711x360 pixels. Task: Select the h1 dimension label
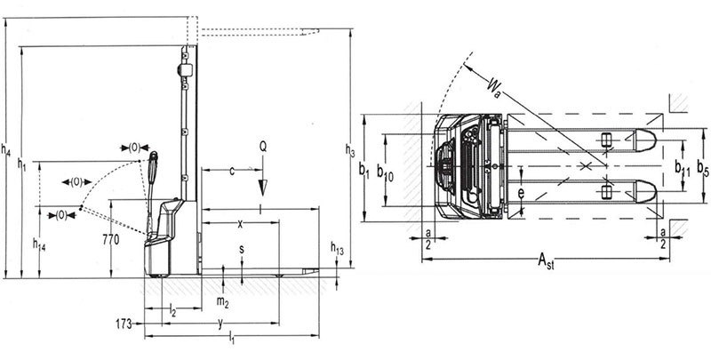click(23, 165)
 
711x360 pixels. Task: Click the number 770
click(110, 240)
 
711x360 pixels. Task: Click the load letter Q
click(262, 145)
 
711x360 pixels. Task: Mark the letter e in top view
click(522, 190)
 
